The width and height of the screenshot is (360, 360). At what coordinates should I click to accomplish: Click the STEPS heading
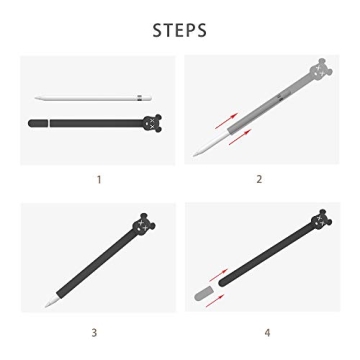[x=180, y=30]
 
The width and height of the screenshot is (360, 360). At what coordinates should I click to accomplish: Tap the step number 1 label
[x=99, y=180]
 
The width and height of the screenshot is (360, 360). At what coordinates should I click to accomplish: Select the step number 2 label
[x=259, y=179]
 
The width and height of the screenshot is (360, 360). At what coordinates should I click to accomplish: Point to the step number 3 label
[x=94, y=332]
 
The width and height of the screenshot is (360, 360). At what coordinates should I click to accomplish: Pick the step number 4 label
[x=267, y=332]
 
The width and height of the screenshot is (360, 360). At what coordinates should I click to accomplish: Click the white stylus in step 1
[x=93, y=98]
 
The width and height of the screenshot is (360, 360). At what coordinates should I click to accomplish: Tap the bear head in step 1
[x=152, y=123]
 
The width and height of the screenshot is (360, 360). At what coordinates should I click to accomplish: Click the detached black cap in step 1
[x=38, y=123]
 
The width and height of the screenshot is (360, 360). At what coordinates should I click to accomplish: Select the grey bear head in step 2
[x=321, y=69]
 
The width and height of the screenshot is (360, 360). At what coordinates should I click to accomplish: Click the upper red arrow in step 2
[x=226, y=121]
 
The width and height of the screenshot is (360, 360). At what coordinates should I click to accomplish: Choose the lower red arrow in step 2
[x=240, y=137]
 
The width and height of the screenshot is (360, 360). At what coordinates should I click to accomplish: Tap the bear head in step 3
[x=144, y=223]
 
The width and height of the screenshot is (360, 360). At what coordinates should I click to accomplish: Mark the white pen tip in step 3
[x=51, y=302]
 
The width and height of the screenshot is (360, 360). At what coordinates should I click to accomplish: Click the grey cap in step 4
[x=203, y=294]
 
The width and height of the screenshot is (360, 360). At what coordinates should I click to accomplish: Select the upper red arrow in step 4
[x=218, y=275]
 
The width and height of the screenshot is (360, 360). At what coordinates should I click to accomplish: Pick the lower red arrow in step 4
[x=215, y=301]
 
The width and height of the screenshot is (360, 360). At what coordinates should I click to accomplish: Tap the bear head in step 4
[x=321, y=220]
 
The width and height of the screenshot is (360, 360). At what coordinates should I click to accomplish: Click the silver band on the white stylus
[x=140, y=98]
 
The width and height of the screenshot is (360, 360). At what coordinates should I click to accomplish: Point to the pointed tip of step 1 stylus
[x=35, y=98]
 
